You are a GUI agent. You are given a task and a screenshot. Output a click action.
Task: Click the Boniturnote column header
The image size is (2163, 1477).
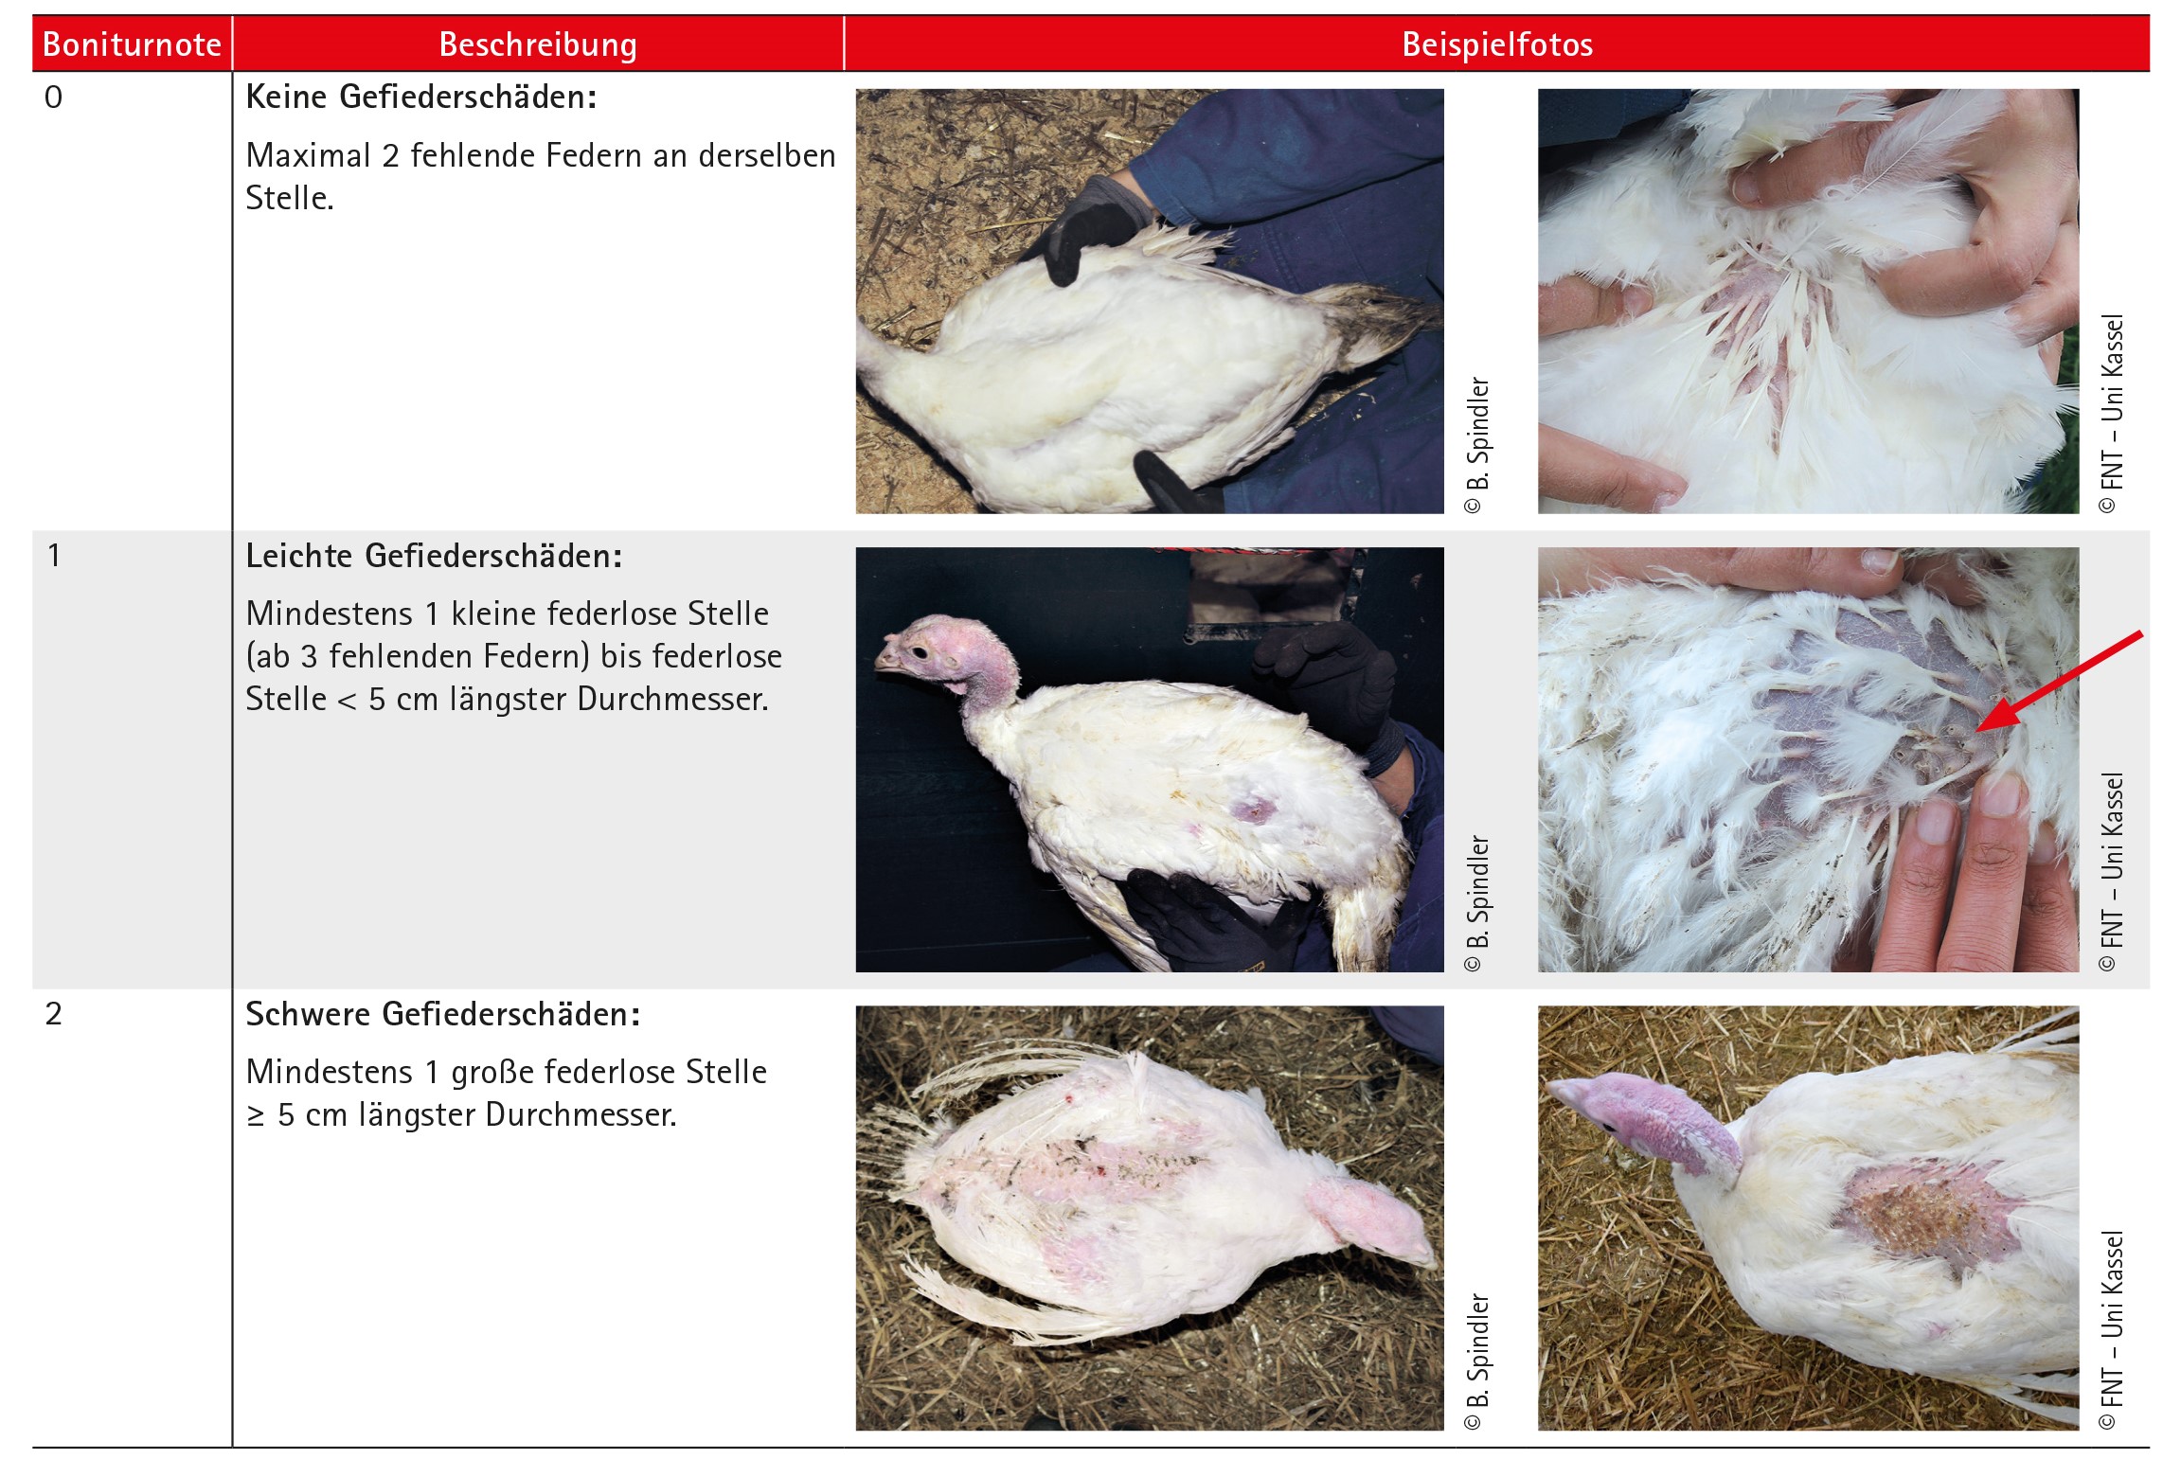point(132,44)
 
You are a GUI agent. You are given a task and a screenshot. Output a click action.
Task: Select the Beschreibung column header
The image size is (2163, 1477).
point(538,44)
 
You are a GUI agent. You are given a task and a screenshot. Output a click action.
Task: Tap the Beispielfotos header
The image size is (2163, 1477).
point(1497,44)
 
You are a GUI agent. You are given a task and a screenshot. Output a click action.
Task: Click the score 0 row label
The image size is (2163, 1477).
point(54,97)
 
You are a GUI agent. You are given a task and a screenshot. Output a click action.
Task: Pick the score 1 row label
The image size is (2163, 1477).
point(54,555)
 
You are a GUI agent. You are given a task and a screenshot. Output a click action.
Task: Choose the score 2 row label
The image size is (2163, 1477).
point(54,1013)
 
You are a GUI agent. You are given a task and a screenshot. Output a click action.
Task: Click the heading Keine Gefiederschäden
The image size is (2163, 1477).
point(421,97)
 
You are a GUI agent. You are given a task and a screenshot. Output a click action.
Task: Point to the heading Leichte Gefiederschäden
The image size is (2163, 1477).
point(434,556)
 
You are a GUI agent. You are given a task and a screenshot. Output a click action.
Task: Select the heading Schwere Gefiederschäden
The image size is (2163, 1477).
point(443,1014)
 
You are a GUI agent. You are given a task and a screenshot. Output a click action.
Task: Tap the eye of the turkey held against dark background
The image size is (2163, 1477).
point(918,651)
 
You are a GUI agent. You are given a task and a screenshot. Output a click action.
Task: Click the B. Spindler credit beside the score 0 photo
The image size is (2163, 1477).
point(1477,445)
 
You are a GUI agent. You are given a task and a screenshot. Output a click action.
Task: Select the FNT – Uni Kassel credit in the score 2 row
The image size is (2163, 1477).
point(2112,1329)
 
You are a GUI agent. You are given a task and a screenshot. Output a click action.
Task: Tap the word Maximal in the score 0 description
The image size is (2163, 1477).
point(308,155)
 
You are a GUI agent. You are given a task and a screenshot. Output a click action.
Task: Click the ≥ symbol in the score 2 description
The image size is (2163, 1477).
point(256,1115)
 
